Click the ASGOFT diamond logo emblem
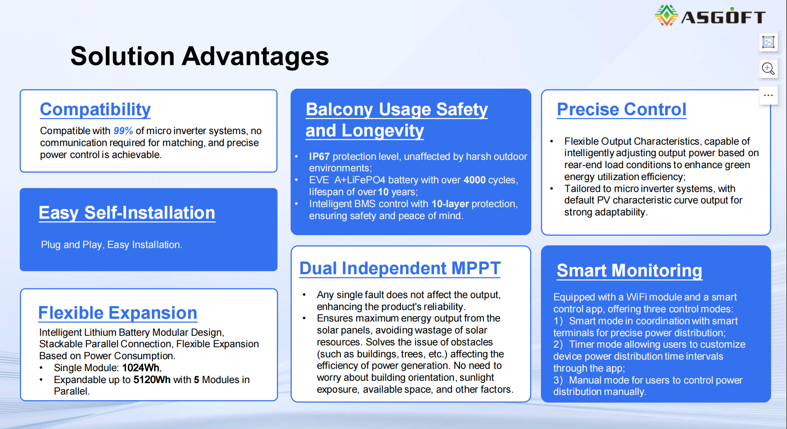[x=666, y=16]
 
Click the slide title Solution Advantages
[x=200, y=56]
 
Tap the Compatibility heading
[x=95, y=109]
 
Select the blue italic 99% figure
[x=123, y=131]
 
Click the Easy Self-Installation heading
[x=127, y=213]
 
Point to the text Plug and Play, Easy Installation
[x=111, y=244]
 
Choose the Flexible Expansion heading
[x=117, y=312]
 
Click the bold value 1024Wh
[x=141, y=367]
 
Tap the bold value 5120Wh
[x=152, y=379]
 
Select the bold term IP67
[x=319, y=157]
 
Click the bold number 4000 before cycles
[x=474, y=180]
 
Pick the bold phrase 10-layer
[x=450, y=204]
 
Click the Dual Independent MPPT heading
[x=400, y=268]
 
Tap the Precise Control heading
[x=621, y=109]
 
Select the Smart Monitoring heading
[x=630, y=271]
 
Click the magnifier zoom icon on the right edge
[x=768, y=69]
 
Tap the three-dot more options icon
[x=769, y=96]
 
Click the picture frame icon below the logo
[x=769, y=42]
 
